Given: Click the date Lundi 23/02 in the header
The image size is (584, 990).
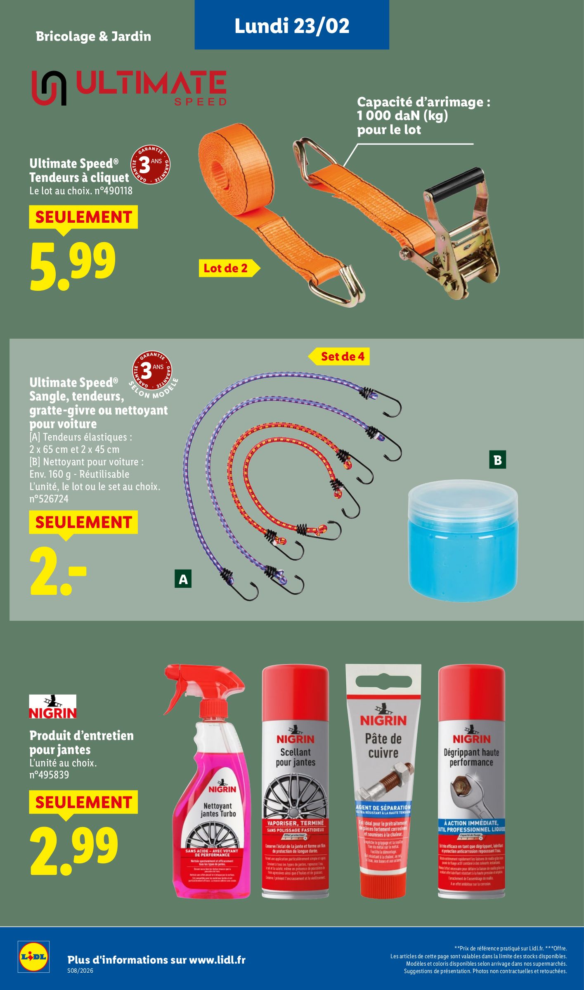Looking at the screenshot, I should pos(292,26).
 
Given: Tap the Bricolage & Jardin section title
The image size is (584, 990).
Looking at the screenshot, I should pos(93,36).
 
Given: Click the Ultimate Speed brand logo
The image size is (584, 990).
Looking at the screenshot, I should pos(129,88).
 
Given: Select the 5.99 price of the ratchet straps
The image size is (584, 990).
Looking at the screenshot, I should pos(73,266).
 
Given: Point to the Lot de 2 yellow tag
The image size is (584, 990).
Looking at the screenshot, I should pos(226,268).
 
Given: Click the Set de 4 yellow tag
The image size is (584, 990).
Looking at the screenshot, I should pos(342,356).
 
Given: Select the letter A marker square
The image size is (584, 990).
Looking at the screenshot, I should pos(183,580).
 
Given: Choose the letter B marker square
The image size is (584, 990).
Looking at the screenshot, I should pos(497,460).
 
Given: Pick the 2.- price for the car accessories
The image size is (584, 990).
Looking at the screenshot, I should pos(58,572).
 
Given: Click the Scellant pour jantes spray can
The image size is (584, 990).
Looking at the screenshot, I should pos(296,784).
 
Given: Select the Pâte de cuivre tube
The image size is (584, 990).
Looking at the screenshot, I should pos(383,784).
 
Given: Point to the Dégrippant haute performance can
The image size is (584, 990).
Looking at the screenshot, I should pos(471,784).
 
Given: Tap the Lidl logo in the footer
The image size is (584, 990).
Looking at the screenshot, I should pos(33,956).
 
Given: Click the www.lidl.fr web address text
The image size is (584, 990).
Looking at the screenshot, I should pos(217,960).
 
